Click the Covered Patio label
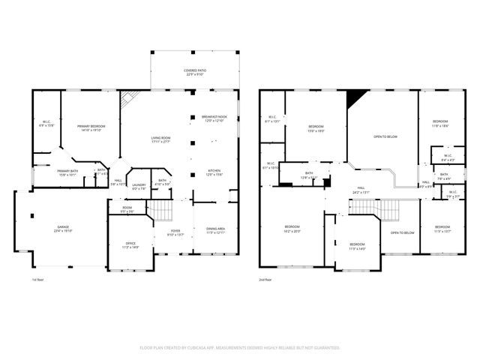pyautogui.click(x=195, y=73)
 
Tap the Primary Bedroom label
pyautogui.click(x=88, y=128)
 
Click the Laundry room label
pyautogui.click(x=139, y=187)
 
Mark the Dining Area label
pyautogui.click(x=216, y=229)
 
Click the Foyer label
pyautogui.click(x=175, y=232)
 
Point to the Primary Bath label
pyautogui.click(x=68, y=173)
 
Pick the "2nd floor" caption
pyautogui.click(x=265, y=279)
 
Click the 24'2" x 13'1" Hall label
pyautogui.click(x=361, y=189)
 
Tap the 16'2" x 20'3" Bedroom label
pyautogui.click(x=292, y=229)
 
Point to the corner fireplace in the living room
pyautogui.click(x=130, y=98)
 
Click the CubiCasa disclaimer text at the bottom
pyautogui.click(x=240, y=347)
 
